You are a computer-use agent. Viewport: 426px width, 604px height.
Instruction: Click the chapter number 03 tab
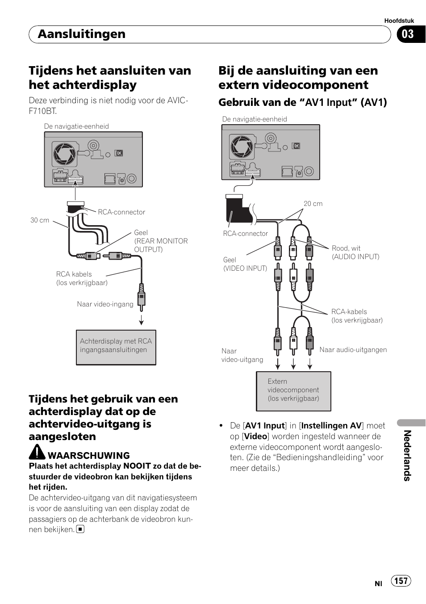pos(408,34)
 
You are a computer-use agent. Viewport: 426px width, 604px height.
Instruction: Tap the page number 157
pos(401,580)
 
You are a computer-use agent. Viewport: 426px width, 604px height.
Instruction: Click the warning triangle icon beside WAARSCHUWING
pos(37,453)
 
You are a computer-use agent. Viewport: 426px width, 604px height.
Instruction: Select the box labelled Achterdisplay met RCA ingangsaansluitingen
pos(116,347)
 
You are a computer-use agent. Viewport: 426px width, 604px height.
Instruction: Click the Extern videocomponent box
pos(293,391)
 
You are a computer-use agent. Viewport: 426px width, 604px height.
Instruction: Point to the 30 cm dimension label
pos(40,220)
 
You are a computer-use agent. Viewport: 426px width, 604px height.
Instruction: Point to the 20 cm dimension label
pos(313,204)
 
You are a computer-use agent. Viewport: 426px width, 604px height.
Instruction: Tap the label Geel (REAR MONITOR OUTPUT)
pos(160,241)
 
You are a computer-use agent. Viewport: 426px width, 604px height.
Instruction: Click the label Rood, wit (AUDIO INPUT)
pos(355,252)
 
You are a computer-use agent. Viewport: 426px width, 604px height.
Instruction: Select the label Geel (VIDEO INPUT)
pos(245,264)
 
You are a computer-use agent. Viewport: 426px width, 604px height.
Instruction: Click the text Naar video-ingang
pos(105,304)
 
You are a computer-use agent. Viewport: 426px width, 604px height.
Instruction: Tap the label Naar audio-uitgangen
pos(353,350)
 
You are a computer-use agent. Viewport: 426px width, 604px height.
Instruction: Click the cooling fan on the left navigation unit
pos(64,153)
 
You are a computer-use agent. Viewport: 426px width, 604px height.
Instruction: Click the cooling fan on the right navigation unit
pos(242,147)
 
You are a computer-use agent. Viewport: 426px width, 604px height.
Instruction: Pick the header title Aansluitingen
pos(82,34)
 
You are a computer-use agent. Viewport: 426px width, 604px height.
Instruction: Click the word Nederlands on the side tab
pos(407,455)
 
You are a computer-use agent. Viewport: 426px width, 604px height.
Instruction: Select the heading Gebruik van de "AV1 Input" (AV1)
pos(302,102)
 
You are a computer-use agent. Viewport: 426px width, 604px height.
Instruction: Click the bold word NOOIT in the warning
pos(137,466)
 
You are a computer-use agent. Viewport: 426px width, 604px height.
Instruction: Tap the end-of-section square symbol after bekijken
pos(80,529)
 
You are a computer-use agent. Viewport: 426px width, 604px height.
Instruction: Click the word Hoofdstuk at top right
pos(399,21)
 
